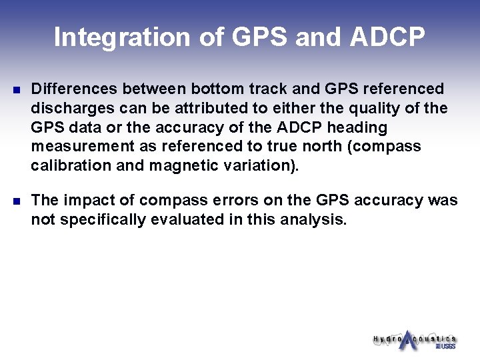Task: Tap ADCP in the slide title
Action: pyautogui.click(x=387, y=37)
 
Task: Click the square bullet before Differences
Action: pyautogui.click(x=17, y=89)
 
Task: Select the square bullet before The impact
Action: pyautogui.click(x=17, y=201)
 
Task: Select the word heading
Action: pyautogui.click(x=357, y=127)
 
